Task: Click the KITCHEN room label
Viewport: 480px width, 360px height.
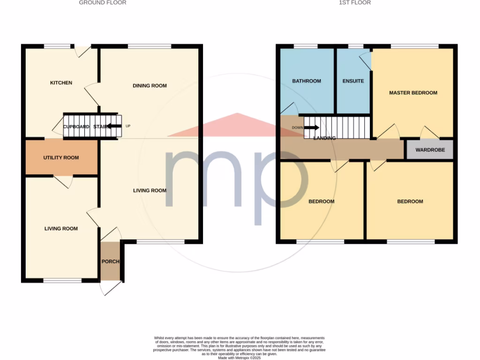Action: point(61,83)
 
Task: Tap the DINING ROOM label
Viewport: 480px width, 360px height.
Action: point(150,86)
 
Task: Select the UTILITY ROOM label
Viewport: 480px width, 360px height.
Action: point(61,158)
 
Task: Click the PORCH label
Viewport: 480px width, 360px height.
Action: point(110,262)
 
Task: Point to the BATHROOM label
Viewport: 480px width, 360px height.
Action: point(307,81)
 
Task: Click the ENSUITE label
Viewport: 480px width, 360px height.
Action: point(353,81)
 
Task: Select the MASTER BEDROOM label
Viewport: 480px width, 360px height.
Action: point(413,93)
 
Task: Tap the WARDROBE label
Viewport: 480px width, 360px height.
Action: point(429,150)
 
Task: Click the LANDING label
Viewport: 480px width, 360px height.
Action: point(324,138)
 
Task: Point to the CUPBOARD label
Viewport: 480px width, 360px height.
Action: point(76,127)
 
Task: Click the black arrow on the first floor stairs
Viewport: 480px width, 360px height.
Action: point(313,127)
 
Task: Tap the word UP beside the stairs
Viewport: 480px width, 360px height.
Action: point(128,126)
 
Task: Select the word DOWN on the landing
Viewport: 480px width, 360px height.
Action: point(297,127)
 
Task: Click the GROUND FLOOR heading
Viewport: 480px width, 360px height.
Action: point(102,3)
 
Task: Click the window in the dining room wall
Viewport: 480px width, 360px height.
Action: point(150,46)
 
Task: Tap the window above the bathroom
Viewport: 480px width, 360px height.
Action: point(305,46)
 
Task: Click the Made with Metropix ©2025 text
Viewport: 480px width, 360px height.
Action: point(240,358)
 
